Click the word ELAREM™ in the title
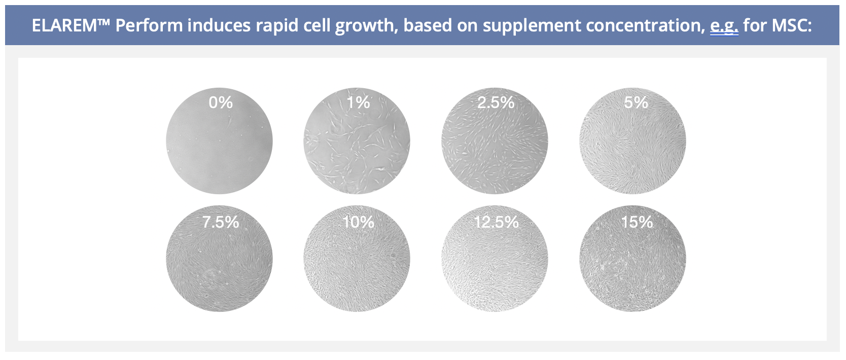(x=71, y=25)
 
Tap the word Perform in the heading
(x=149, y=25)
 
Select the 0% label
(x=221, y=102)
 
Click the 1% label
(x=359, y=102)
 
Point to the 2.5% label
(x=496, y=102)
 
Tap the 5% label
(x=636, y=102)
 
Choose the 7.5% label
(x=221, y=222)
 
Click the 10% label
(x=359, y=222)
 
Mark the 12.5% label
(x=496, y=222)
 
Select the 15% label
(x=637, y=222)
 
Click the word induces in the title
(x=219, y=25)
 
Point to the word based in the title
(x=428, y=25)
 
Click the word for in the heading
(x=755, y=25)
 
